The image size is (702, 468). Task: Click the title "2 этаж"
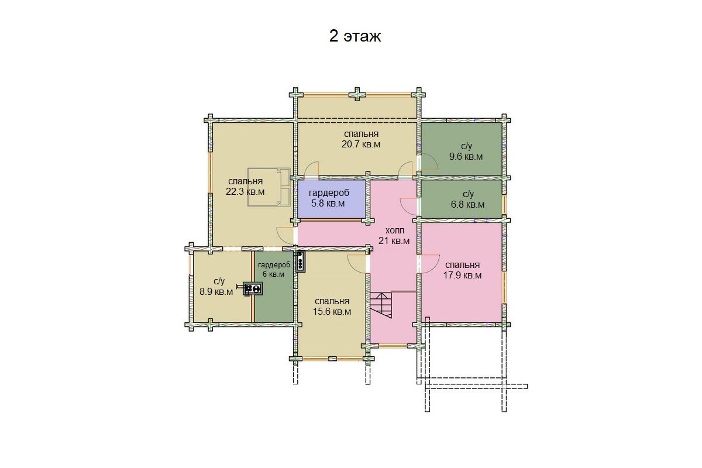pos(355,36)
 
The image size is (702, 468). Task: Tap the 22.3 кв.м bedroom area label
pos(245,192)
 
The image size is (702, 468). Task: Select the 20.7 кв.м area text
pos(361,144)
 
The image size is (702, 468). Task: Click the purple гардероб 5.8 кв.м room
pos(331,199)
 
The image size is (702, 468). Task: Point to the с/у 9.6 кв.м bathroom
pos(461,149)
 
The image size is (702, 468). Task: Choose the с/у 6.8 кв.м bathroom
pos(461,199)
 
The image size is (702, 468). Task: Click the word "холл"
pos(394,230)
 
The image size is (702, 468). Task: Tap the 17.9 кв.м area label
pos(462,276)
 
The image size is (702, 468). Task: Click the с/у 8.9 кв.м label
pos(216,287)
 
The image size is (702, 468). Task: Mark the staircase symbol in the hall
pos(381,305)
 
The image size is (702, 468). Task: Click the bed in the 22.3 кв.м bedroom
pos(269,187)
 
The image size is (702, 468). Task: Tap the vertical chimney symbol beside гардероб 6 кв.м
pos(300,261)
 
